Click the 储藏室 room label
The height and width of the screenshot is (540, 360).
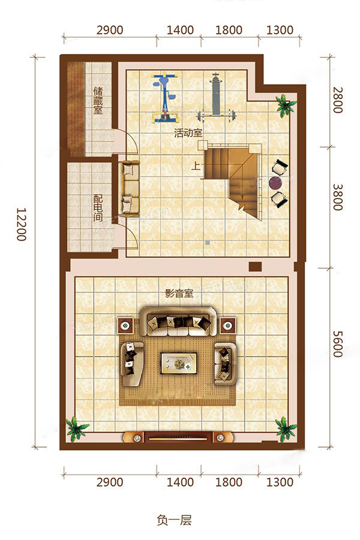point(98,101)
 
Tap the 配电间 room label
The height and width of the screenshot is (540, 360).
point(98,208)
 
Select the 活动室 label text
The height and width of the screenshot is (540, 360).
point(188,133)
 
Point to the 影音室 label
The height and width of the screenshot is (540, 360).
point(179,293)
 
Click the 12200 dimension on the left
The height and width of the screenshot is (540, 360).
point(22,224)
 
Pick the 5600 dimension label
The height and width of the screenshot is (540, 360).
point(338,343)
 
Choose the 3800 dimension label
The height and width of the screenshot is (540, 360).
point(338,197)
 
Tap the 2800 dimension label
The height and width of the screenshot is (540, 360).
point(338,100)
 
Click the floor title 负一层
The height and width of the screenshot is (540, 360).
point(174,520)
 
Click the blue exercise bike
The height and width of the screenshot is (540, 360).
point(166,98)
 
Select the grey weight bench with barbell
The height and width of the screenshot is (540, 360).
point(215,97)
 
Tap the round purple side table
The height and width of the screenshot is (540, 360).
point(275,182)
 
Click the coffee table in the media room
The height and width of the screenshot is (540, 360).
point(179,362)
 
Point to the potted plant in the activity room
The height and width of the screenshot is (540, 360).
point(285,104)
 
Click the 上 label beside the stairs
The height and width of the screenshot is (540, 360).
point(196,166)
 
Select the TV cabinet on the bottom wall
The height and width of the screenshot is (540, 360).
point(178,438)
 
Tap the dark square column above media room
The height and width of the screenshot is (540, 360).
point(255,266)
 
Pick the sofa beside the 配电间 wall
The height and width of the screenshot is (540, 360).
point(129,189)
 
